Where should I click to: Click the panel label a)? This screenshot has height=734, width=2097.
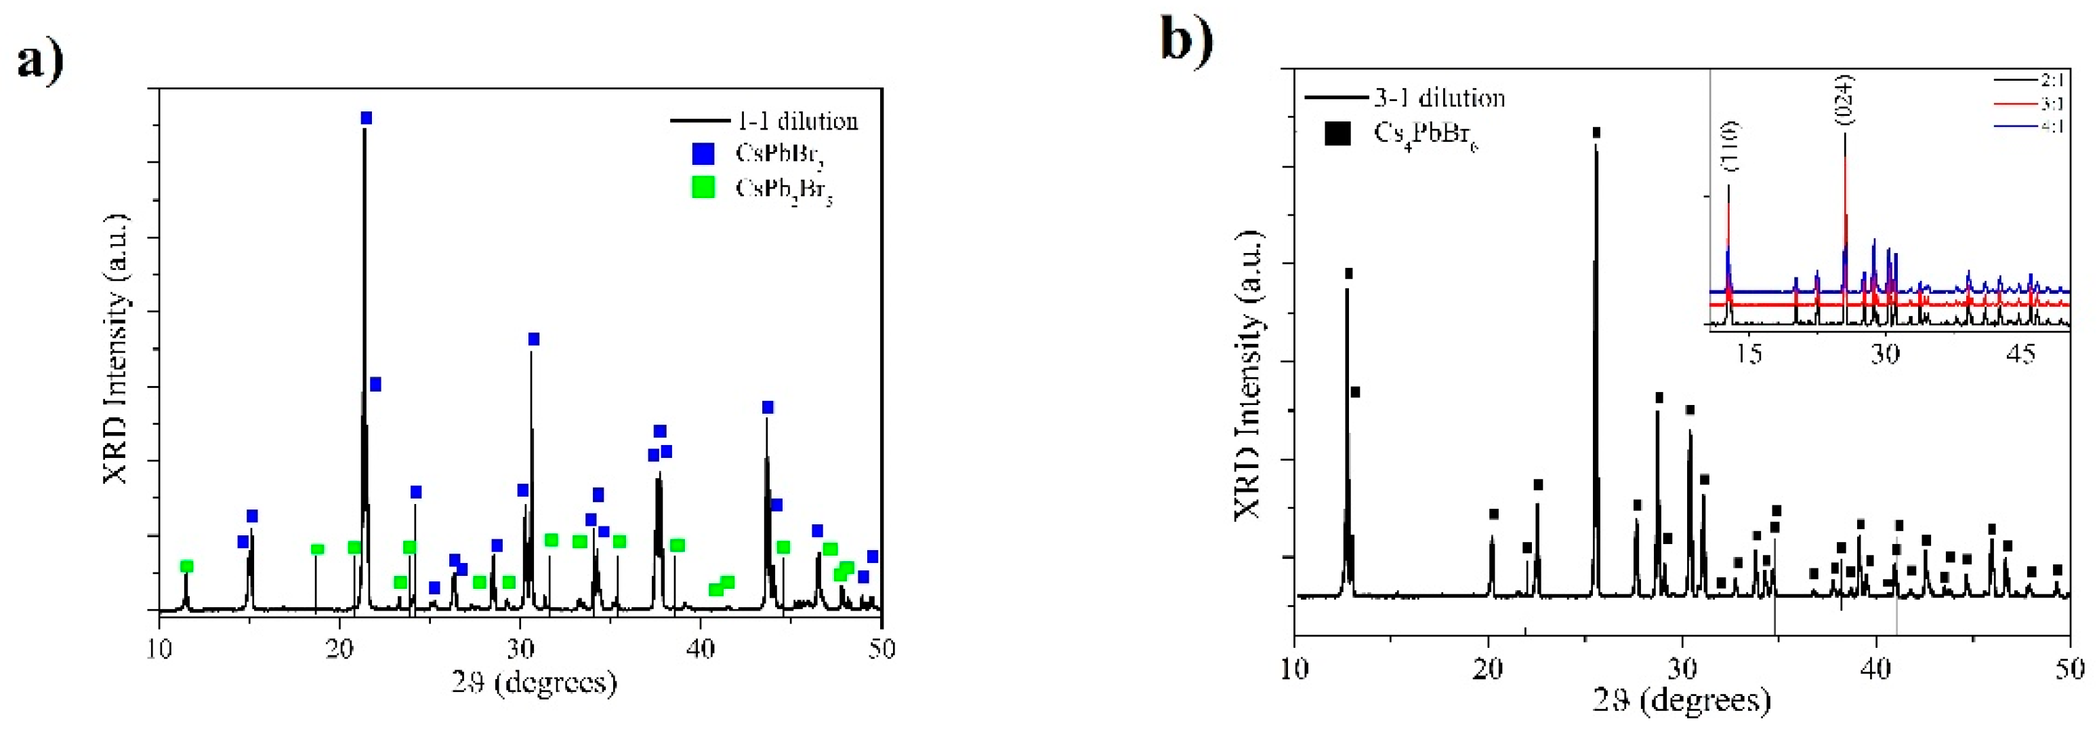[x=41, y=61]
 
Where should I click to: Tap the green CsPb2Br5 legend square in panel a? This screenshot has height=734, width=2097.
[x=703, y=187]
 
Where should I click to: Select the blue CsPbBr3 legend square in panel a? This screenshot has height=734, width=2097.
[x=703, y=153]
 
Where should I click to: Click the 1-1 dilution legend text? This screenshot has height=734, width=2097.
[x=797, y=121]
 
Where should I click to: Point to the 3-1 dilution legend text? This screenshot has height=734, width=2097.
[x=1439, y=98]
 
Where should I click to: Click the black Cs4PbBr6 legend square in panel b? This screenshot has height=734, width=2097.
[x=1337, y=133]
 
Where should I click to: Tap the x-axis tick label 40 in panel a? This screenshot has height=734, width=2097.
[x=700, y=649]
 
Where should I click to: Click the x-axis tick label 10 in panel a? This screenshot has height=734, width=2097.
[x=159, y=649]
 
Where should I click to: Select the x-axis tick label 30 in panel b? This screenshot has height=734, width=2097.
[x=1682, y=668]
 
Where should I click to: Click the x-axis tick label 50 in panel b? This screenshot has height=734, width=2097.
[x=2069, y=668]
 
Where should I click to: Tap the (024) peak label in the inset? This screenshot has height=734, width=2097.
[x=1845, y=100]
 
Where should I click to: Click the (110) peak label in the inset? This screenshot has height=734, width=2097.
[x=1729, y=147]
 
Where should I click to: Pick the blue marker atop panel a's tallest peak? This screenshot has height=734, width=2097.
[x=367, y=118]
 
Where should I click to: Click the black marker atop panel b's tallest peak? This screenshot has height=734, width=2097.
[x=1596, y=133]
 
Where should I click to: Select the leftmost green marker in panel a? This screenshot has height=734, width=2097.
[x=186, y=566]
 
